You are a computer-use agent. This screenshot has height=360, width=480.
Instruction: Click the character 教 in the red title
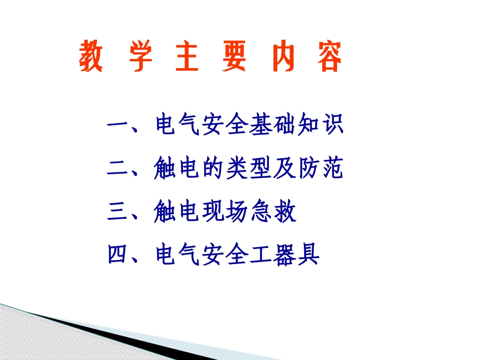tap(91, 58)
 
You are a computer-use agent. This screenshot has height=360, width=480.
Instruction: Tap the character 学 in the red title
tap(141, 58)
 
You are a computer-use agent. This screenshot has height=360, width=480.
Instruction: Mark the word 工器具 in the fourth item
tap(285, 255)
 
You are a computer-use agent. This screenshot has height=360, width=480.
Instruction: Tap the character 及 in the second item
tap(285, 169)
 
